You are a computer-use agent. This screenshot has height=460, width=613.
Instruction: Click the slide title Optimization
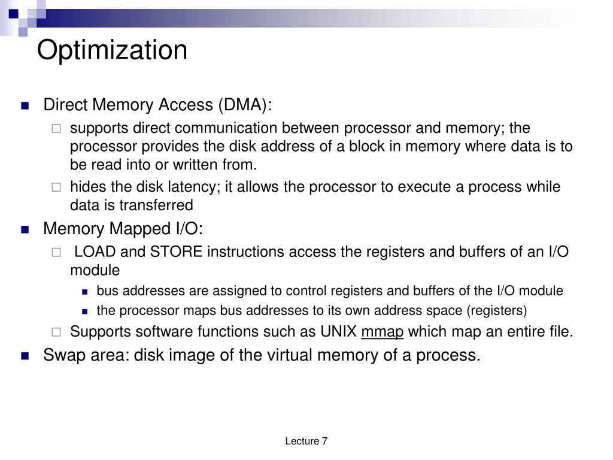pyautogui.click(x=112, y=50)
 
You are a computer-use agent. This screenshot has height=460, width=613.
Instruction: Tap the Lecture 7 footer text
pyautogui.click(x=306, y=441)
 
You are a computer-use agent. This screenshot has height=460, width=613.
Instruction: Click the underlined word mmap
pyautogui.click(x=383, y=332)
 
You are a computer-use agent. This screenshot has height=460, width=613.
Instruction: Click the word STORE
pyautogui.click(x=177, y=252)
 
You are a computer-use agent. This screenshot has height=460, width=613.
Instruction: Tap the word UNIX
pyautogui.click(x=339, y=332)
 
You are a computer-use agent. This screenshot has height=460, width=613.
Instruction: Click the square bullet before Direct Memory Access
pyautogui.click(x=25, y=106)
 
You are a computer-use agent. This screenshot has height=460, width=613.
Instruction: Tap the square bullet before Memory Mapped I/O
pyautogui.click(x=25, y=229)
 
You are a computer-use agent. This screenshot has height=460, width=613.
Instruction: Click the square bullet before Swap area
pyautogui.click(x=25, y=356)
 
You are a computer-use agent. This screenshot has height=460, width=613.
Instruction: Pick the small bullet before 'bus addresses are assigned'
pyautogui.click(x=85, y=292)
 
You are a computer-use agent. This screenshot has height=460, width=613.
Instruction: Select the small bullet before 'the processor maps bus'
pyautogui.click(x=85, y=311)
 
